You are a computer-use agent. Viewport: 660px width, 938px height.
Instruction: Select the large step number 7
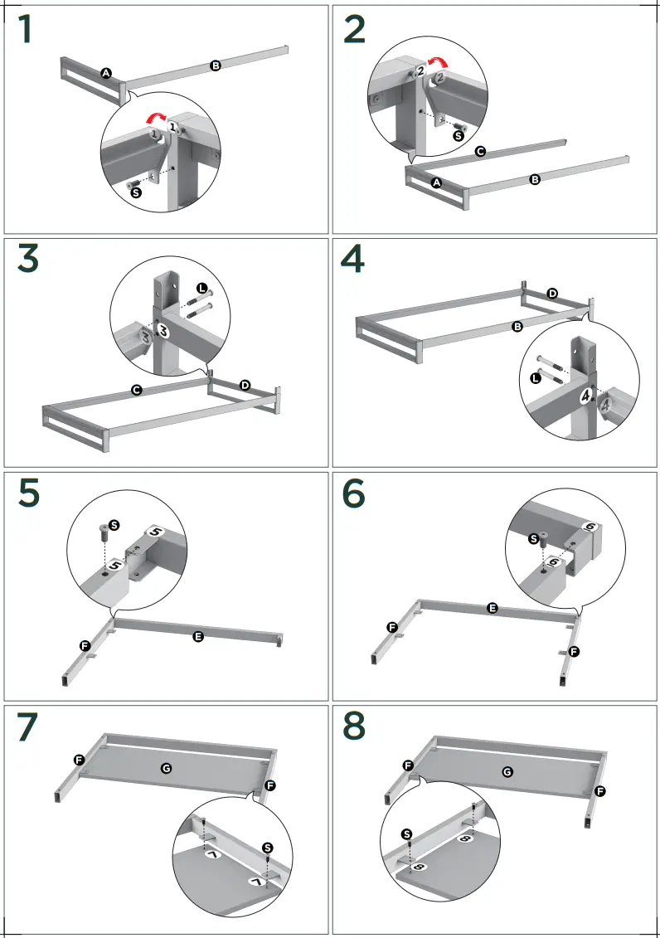pos(27,727)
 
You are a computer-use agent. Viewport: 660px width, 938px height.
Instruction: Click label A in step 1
pos(106,73)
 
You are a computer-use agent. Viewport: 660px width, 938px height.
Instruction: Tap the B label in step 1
pos(215,66)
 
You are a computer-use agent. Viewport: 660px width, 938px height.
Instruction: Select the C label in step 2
pos(480,152)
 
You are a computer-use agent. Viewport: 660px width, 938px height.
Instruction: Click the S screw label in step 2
pos(457,135)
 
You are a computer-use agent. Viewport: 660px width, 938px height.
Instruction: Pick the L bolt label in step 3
pos(201,288)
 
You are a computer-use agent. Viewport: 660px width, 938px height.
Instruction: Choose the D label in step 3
pos(245,386)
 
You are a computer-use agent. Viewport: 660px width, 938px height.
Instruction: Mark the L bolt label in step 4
pos(536,378)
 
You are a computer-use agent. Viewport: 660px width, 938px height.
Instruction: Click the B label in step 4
pos(517,328)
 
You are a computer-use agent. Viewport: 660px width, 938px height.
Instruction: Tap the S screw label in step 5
pos(114,525)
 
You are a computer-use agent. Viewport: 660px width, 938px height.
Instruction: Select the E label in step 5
pos(197,636)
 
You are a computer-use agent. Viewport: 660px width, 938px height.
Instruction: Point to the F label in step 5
pos(85,644)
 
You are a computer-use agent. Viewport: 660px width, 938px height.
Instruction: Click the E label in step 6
pos(492,609)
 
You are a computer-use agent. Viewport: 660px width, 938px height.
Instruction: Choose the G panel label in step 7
pos(166,769)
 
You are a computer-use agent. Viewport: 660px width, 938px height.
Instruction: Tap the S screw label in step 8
pos(406,834)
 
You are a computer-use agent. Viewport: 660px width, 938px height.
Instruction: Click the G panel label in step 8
pos(507,771)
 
